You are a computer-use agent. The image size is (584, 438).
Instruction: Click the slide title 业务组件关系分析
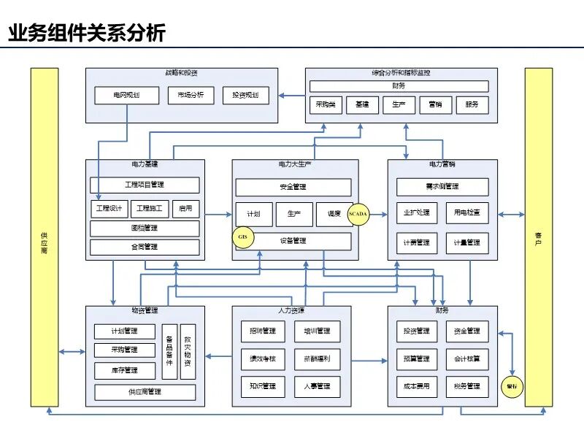tap(87, 34)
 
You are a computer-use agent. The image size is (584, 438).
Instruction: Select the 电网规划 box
tap(126, 96)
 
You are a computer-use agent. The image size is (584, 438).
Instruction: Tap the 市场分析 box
tap(191, 96)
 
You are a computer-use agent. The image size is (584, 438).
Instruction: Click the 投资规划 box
tap(245, 96)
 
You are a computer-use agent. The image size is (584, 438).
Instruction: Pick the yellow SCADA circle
tap(358, 214)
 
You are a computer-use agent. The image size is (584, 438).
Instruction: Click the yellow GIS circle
tap(243, 237)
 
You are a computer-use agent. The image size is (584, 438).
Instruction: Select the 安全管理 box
tap(293, 187)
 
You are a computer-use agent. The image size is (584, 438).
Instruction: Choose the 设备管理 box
tap(293, 241)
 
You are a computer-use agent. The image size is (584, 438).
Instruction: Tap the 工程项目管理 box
tap(145, 185)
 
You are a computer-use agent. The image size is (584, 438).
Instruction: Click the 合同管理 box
tap(145, 247)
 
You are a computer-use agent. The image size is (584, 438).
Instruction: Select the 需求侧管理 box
tap(442, 186)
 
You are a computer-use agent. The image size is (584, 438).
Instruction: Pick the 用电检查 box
tap(467, 213)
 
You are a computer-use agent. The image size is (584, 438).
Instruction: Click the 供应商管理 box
tap(145, 392)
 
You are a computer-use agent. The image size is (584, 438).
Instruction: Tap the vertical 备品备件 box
tap(169, 351)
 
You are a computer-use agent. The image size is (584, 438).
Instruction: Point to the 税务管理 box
tap(467, 386)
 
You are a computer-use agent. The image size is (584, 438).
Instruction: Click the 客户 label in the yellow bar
tap(539, 237)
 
